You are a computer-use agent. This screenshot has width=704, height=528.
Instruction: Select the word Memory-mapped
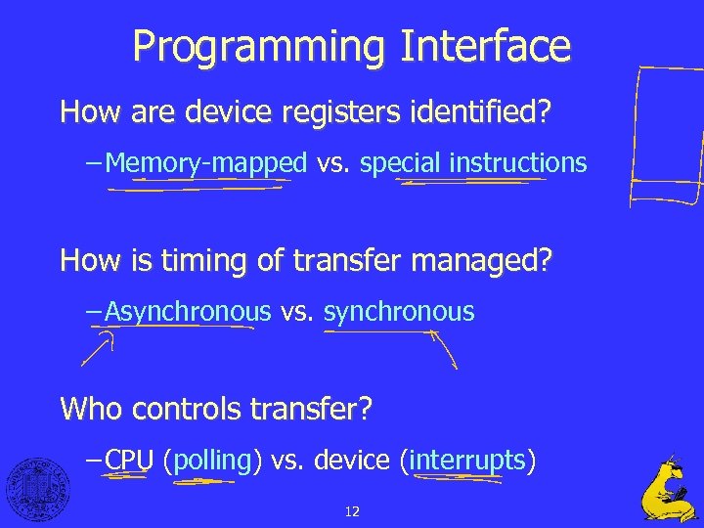point(205,163)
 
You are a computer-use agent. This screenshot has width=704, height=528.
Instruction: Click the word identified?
point(476,111)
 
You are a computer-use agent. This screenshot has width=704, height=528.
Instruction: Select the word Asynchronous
point(188,313)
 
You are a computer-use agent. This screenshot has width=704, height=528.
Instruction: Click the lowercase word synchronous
point(399,313)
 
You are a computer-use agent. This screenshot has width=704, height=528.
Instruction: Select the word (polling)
point(213,460)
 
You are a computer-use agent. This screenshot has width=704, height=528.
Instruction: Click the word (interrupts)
point(467,460)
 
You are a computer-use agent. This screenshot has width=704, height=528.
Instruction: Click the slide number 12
point(352,510)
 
